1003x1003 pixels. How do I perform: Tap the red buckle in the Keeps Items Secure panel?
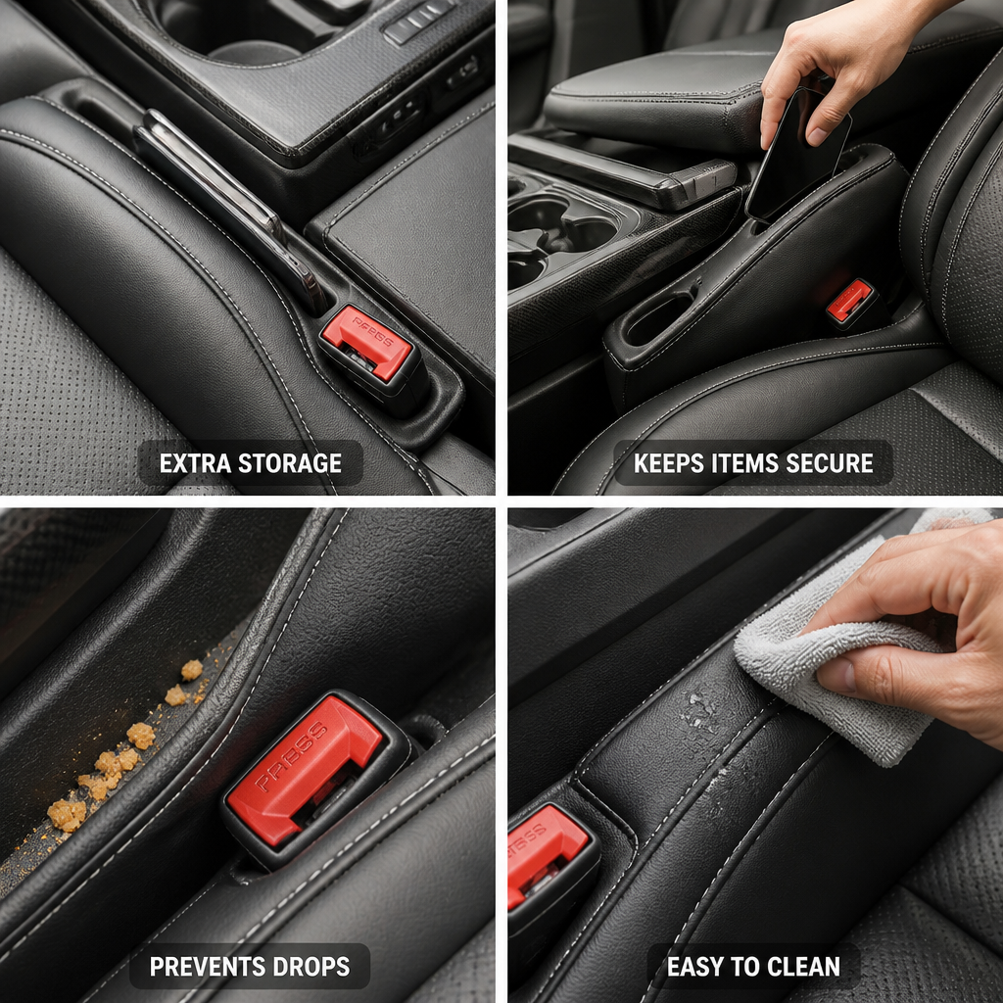[x=849, y=300]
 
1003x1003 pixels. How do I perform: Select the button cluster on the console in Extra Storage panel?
[x=419, y=24]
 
